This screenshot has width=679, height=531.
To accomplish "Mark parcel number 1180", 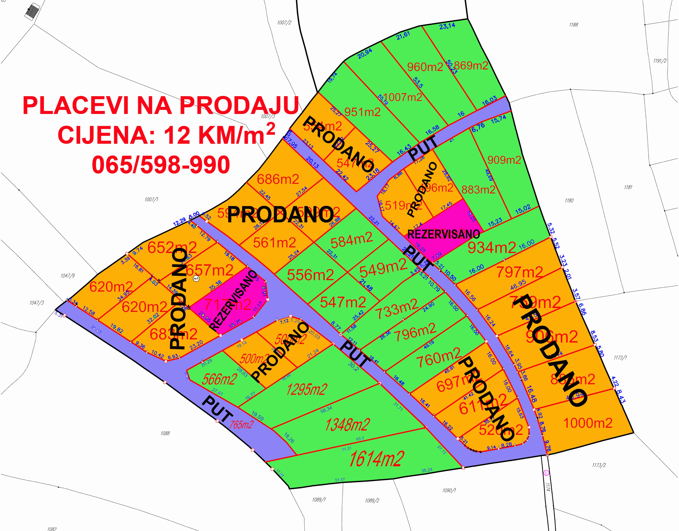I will [x=569, y=201].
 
